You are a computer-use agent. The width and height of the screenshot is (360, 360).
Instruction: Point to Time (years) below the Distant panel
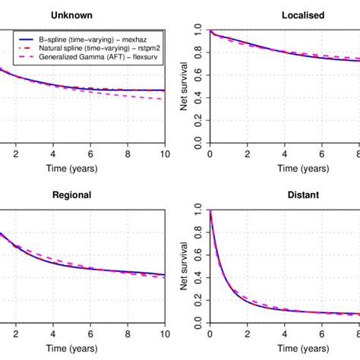pyautogui.click(x=283, y=351)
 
